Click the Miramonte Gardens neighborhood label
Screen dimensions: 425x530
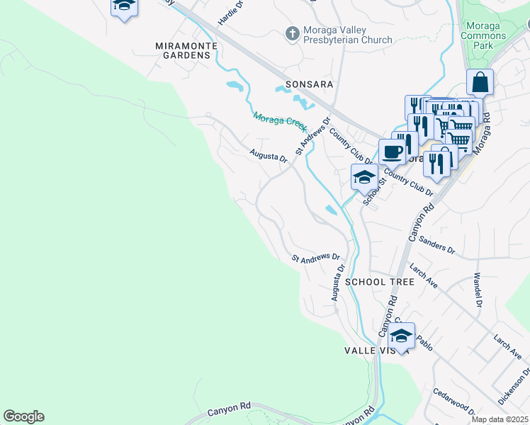(182, 50)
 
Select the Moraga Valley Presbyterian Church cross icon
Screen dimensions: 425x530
(291, 33)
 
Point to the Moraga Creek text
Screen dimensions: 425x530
(279, 123)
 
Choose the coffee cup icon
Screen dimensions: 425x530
(392, 150)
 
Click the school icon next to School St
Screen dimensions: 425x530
(364, 177)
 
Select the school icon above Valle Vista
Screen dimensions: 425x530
(401, 335)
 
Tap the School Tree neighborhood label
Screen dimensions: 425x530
(379, 282)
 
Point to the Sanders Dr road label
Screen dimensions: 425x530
(436, 245)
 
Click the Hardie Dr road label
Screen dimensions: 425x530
(230, 13)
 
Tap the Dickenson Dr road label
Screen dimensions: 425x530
(514, 386)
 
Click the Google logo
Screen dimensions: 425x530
(23, 416)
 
